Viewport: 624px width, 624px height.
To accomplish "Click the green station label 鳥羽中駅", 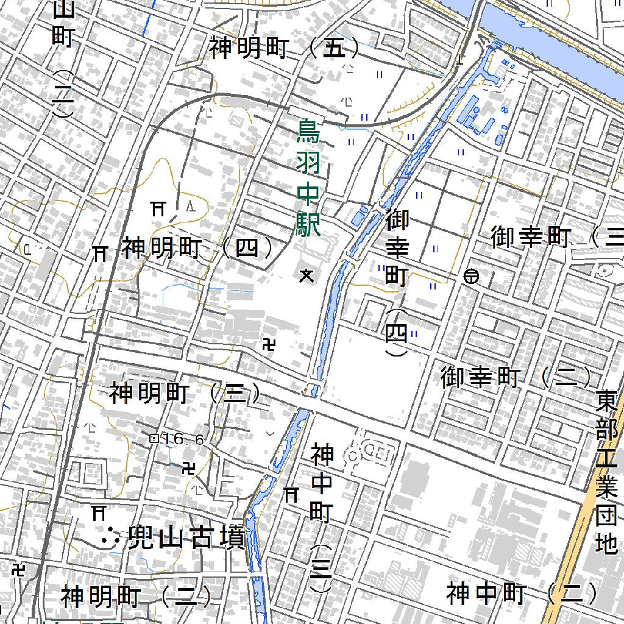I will pos(308,179).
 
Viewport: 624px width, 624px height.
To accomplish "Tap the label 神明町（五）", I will pos(285,49).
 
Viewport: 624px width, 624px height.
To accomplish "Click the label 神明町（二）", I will pos(136,597).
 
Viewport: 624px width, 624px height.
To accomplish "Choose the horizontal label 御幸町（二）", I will pos(516,378).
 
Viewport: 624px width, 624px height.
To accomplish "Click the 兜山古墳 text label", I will pos(186,539).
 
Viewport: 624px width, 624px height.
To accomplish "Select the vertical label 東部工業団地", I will pos(607,472).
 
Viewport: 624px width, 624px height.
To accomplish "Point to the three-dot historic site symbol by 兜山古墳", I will pos(110,537).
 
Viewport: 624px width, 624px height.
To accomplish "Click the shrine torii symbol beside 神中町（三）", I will pos(291,495).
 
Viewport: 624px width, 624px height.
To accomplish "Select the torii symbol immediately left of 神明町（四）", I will pos(99,252).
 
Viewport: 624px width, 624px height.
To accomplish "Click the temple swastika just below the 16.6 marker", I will pos(189,468).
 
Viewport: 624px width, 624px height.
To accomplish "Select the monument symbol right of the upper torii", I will pos(191,204).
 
